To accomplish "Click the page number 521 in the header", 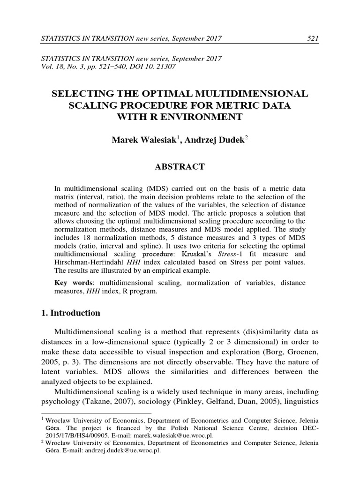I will pos(313,38).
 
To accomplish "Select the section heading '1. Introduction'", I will pos(71,313).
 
